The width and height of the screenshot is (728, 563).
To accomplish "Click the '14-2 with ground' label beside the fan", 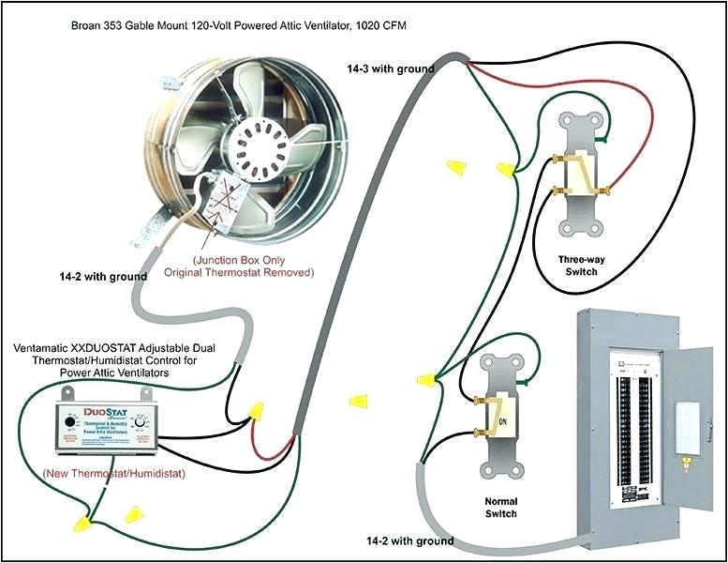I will click(x=103, y=277).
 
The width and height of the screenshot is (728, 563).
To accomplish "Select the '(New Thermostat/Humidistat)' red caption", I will click(x=113, y=474).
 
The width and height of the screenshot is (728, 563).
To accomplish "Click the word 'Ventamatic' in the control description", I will click(x=44, y=348).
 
